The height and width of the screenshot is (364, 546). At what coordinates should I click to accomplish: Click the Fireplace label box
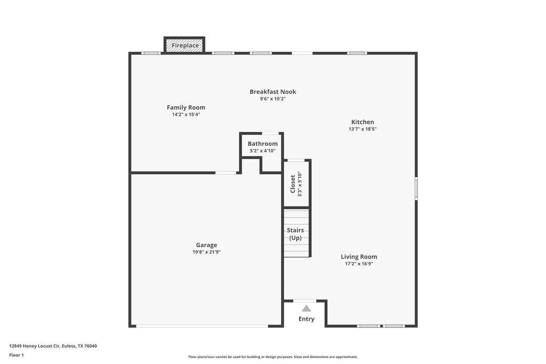click(x=184, y=45)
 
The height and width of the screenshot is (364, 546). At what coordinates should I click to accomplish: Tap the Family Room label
click(x=186, y=107)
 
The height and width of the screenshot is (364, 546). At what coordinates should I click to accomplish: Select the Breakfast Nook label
click(x=272, y=92)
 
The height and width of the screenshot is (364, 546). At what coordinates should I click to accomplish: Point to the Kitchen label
click(x=362, y=122)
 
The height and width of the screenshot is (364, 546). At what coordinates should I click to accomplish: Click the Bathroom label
click(x=262, y=144)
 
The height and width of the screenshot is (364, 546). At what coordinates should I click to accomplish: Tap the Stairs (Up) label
click(x=295, y=234)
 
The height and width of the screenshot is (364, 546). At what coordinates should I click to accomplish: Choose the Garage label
click(x=206, y=245)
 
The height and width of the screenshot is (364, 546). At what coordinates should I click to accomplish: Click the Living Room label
click(x=359, y=257)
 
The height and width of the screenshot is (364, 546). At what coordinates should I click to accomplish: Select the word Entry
click(x=306, y=319)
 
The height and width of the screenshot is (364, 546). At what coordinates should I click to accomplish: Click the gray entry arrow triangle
click(x=306, y=308)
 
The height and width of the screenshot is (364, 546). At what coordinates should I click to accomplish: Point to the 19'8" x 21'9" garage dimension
click(x=206, y=252)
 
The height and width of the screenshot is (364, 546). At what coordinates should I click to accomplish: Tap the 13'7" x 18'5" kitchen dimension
click(x=363, y=129)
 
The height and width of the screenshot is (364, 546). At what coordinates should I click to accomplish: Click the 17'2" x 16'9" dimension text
click(x=359, y=264)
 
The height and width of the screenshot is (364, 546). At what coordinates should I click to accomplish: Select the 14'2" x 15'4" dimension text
click(x=186, y=114)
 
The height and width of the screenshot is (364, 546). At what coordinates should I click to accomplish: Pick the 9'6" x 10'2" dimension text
click(x=272, y=99)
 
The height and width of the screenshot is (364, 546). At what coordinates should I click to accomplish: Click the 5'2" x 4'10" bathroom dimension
click(x=262, y=151)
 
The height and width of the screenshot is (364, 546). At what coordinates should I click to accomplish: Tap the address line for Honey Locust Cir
click(x=53, y=346)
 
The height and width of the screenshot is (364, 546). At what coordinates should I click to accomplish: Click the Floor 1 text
click(x=17, y=355)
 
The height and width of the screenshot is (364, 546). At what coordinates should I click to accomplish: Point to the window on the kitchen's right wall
click(x=416, y=188)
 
